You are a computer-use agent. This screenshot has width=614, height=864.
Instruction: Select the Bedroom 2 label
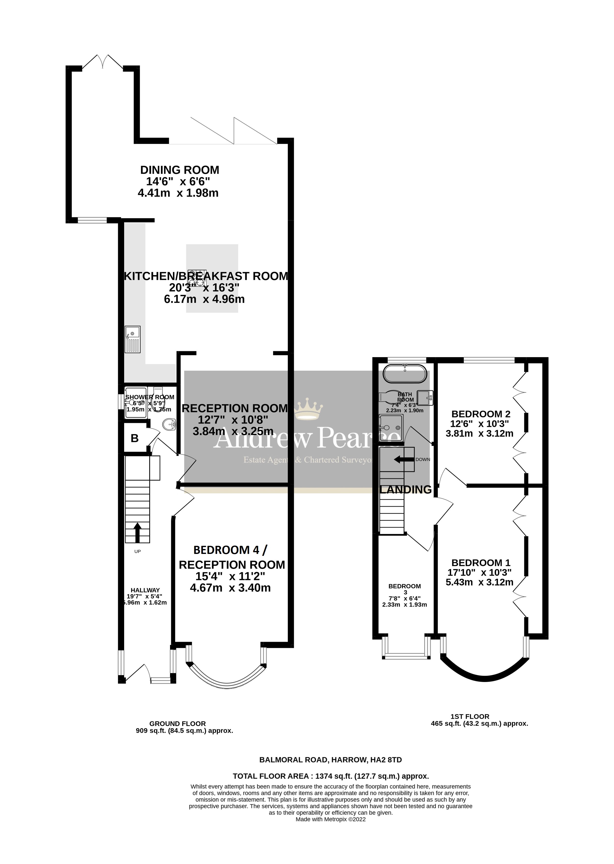(x=481, y=414)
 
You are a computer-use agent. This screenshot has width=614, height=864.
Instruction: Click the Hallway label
(x=145, y=590)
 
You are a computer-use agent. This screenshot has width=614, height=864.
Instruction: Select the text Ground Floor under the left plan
(x=177, y=723)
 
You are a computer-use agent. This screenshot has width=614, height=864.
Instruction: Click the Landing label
(x=405, y=490)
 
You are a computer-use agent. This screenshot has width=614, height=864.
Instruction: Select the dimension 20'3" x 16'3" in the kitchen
(x=204, y=288)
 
